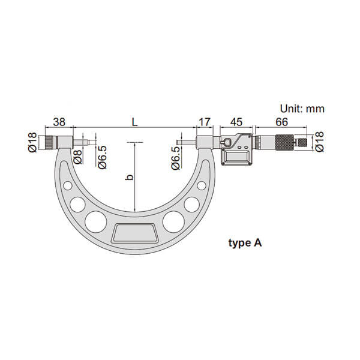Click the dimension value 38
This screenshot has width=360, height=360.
(59, 122)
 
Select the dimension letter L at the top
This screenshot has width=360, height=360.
(134, 122)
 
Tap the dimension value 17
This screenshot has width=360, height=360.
(205, 122)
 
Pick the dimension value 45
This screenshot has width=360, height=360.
(236, 122)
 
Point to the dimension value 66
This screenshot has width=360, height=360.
(281, 122)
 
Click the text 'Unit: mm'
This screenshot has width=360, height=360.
(302, 109)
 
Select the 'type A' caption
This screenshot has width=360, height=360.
(245, 243)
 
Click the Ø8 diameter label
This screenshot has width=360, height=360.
(78, 157)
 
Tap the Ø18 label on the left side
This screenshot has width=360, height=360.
(32, 142)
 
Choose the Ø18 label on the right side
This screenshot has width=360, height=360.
(319, 142)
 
